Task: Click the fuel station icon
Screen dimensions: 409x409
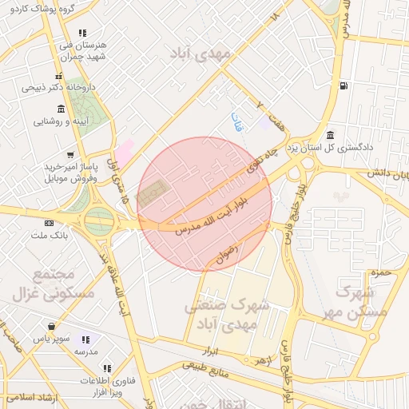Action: pyautogui.click(x=343, y=86)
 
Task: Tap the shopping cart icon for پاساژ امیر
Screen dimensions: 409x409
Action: pyautogui.click(x=71, y=154)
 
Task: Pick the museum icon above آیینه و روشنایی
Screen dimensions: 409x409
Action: pyautogui.click(x=62, y=109)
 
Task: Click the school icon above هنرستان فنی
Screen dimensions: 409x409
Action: pyautogui.click(x=82, y=34)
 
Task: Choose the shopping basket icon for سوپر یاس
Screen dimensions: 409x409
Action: pyautogui.click(x=51, y=326)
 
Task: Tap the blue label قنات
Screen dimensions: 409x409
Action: pyautogui.click(x=237, y=121)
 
